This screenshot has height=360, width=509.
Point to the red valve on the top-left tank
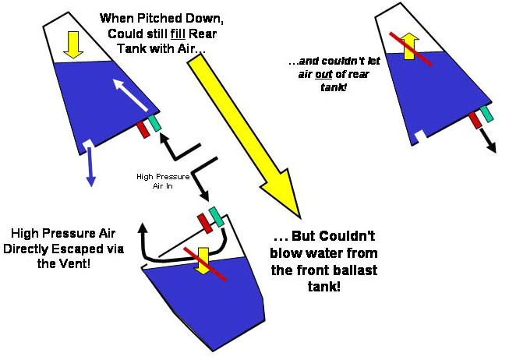point(143,129)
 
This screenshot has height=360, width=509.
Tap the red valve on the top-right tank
point(474,120)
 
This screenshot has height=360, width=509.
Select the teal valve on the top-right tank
point(486,114)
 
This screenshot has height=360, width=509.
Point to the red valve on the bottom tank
point(205,222)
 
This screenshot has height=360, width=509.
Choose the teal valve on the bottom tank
point(217,217)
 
